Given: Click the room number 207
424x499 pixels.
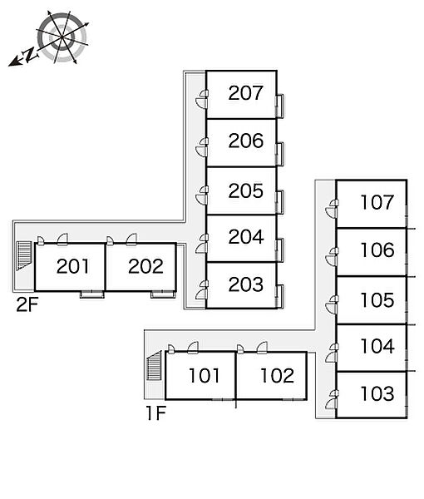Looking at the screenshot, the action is point(245,92).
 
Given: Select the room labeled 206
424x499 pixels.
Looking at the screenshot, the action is point(246,141).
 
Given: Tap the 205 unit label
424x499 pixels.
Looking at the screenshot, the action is point(246,190).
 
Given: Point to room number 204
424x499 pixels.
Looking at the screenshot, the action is point(246,236).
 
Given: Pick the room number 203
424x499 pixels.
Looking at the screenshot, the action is point(246,284).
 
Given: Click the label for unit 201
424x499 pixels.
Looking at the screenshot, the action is point(73,266).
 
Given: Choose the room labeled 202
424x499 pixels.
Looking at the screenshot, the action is point(145,266).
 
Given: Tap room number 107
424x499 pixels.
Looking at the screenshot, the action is point(377,202).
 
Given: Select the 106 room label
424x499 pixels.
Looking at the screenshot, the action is point(377,249).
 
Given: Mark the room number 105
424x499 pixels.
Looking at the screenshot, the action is point(377,300).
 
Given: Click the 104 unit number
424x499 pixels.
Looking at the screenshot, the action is point(378,346).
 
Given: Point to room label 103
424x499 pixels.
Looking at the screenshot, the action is point(377,393).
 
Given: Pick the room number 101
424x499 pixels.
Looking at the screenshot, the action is point(204,376).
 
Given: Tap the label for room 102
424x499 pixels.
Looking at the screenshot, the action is point(277,376).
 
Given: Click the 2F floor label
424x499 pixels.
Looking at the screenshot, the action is point(27,304).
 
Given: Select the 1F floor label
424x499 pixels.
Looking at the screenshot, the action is point(156,413).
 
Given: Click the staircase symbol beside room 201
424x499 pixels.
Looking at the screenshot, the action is point(24,255).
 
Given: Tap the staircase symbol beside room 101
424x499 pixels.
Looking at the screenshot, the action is point(154,365).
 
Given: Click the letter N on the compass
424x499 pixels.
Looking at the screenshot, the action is point(30,54).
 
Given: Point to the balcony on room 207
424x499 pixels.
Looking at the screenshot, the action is point(280,106).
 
